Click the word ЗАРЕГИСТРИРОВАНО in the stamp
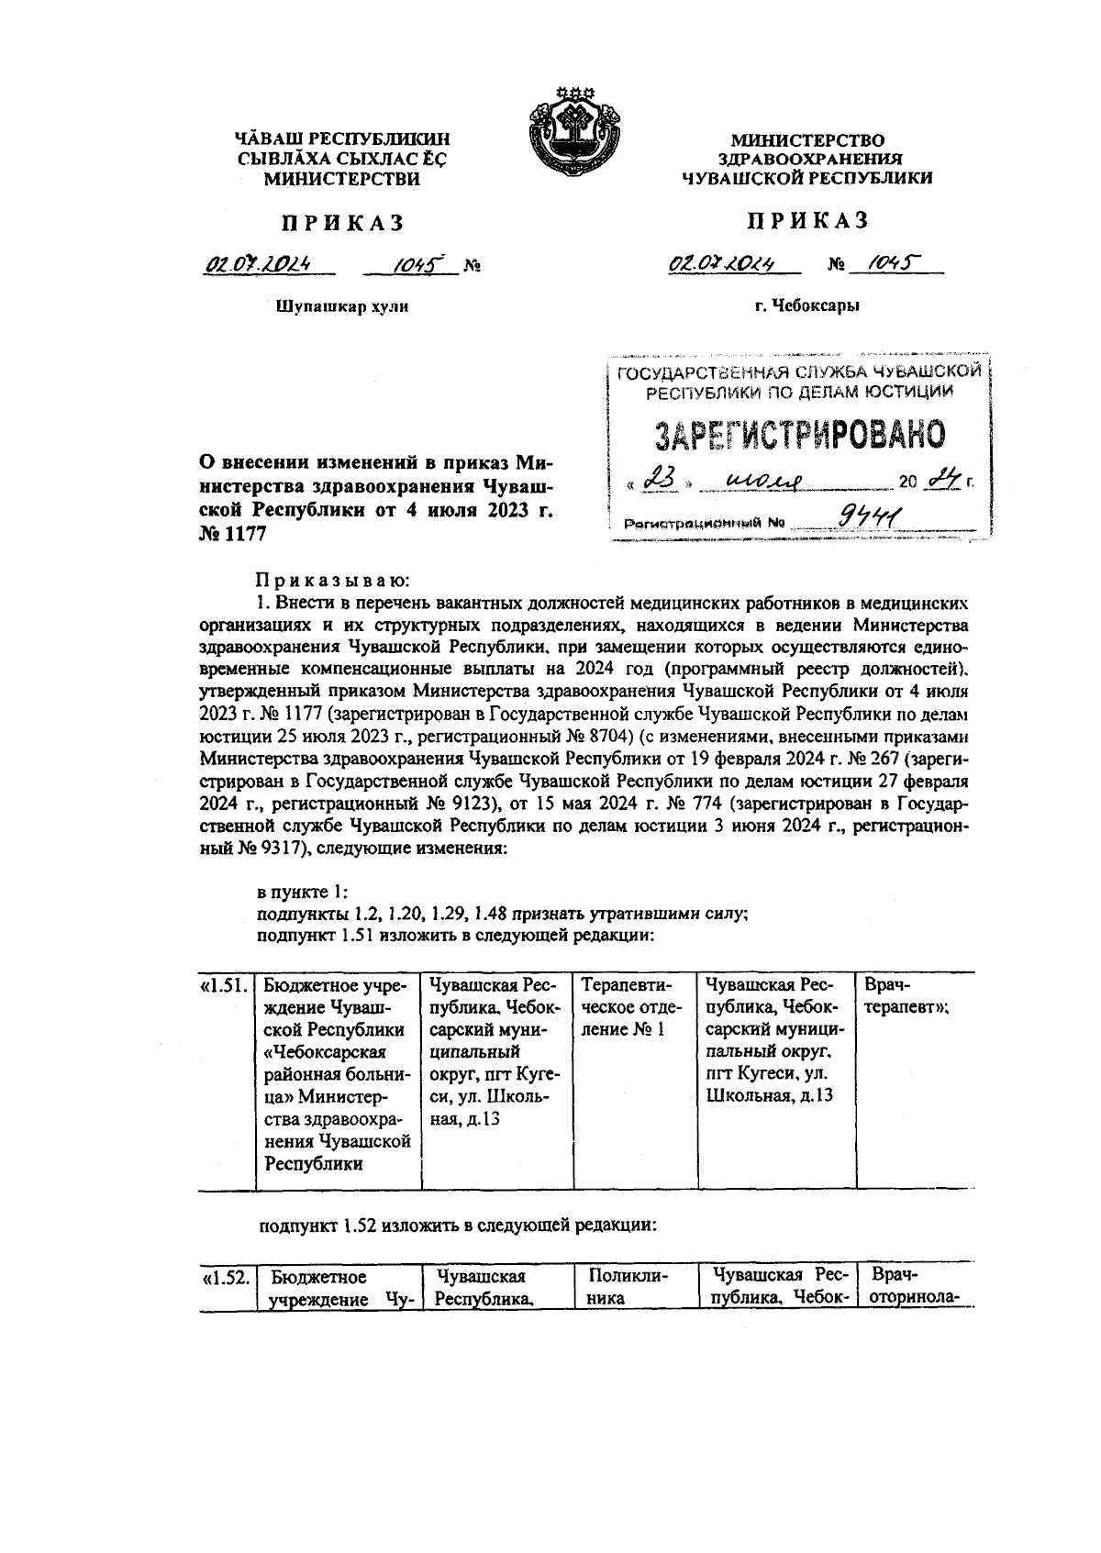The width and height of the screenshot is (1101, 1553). tap(799, 435)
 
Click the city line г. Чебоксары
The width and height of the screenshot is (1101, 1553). tap(806, 305)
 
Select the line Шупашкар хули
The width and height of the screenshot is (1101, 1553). tap(341, 306)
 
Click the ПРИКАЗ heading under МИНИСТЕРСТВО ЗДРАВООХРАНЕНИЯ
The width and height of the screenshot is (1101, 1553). tap(806, 220)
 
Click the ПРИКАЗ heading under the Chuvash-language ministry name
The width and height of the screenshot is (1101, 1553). tap(341, 223)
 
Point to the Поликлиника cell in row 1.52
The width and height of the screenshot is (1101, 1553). tap(628, 1287)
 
